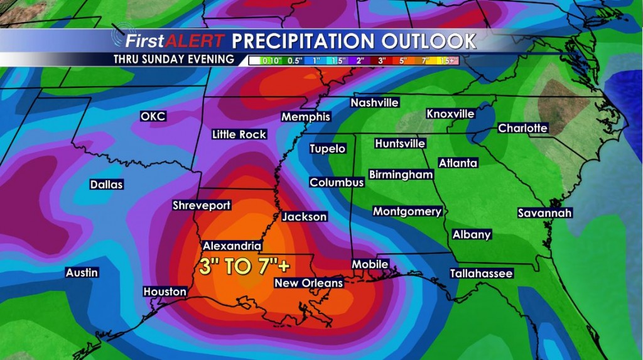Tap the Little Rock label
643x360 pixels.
[239, 134]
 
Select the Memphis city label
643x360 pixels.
[306, 117]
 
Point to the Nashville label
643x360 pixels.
[375, 102]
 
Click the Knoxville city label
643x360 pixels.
[451, 114]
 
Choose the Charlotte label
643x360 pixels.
[523, 128]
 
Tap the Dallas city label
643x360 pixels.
[107, 185]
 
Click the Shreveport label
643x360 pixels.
[202, 205]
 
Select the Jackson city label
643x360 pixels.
[305, 217]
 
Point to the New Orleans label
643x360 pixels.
[309, 283]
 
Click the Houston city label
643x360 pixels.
[165, 292]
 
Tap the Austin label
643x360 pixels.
[82, 273]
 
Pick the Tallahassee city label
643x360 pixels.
[482, 273]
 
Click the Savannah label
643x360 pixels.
[545, 213]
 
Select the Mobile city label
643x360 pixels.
[370, 265]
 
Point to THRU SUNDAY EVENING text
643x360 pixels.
[174, 60]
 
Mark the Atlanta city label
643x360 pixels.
[458, 163]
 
